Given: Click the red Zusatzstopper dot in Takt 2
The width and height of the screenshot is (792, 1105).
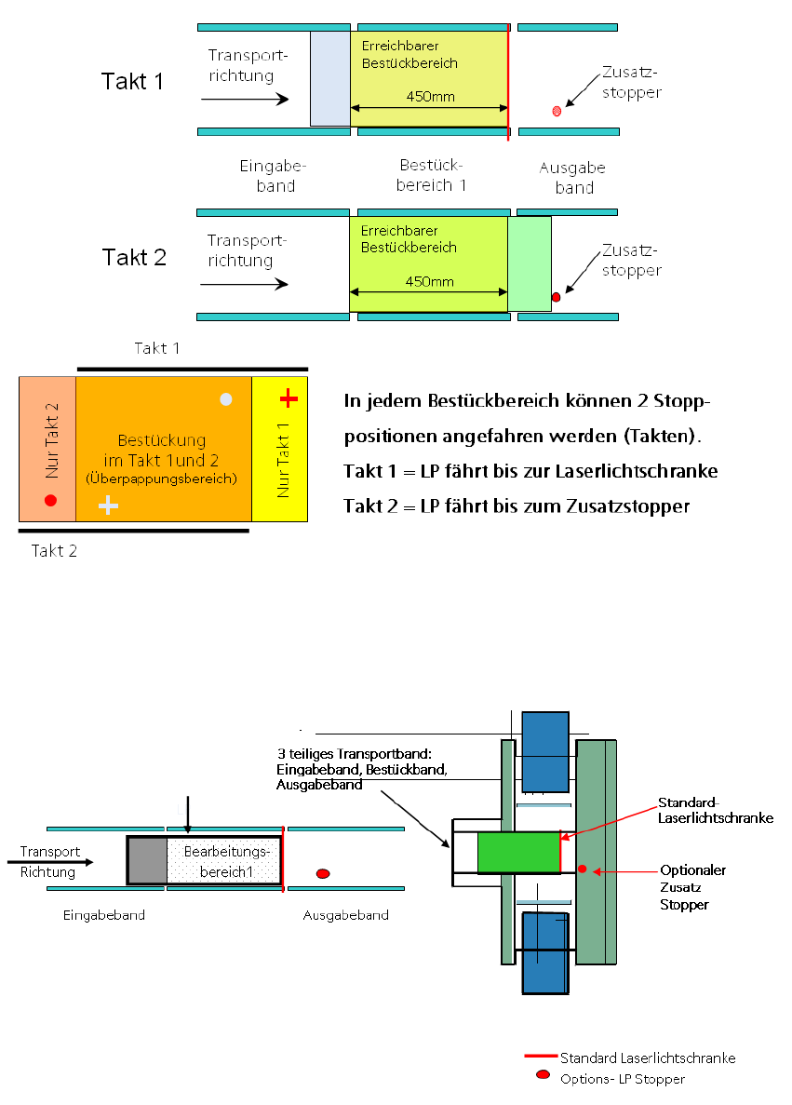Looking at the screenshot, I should point(556,297).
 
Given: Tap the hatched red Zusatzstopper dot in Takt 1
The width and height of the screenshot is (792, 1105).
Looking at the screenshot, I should point(557,111).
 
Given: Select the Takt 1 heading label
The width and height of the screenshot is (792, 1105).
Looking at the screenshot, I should point(132,81).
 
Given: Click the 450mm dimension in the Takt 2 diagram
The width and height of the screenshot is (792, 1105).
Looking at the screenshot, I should point(429,282).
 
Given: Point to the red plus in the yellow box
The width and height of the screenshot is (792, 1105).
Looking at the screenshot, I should point(289,399).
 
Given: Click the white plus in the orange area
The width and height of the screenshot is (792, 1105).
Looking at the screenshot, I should point(109,505).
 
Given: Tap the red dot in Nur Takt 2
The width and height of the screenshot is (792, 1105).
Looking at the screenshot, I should point(51,500).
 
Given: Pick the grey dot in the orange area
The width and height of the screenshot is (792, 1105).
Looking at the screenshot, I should point(225,399).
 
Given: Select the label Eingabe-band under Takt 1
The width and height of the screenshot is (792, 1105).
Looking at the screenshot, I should point(273,176).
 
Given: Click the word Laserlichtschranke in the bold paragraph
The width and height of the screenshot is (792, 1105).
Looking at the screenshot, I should point(637,471).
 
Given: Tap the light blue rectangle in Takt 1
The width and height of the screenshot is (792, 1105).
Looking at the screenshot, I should point(330,78).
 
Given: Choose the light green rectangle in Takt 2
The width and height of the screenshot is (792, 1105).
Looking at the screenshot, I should point(530,263).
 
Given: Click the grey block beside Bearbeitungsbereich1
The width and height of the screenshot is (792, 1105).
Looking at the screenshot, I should point(147,860).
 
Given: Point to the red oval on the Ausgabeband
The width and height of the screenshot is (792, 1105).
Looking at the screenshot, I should point(323,873).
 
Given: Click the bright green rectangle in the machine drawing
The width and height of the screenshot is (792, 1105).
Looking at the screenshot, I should point(518,853).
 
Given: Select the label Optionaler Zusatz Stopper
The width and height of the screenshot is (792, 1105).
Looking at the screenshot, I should point(691,886).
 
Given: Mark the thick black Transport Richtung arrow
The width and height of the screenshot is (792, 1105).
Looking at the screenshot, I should point(56,862).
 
